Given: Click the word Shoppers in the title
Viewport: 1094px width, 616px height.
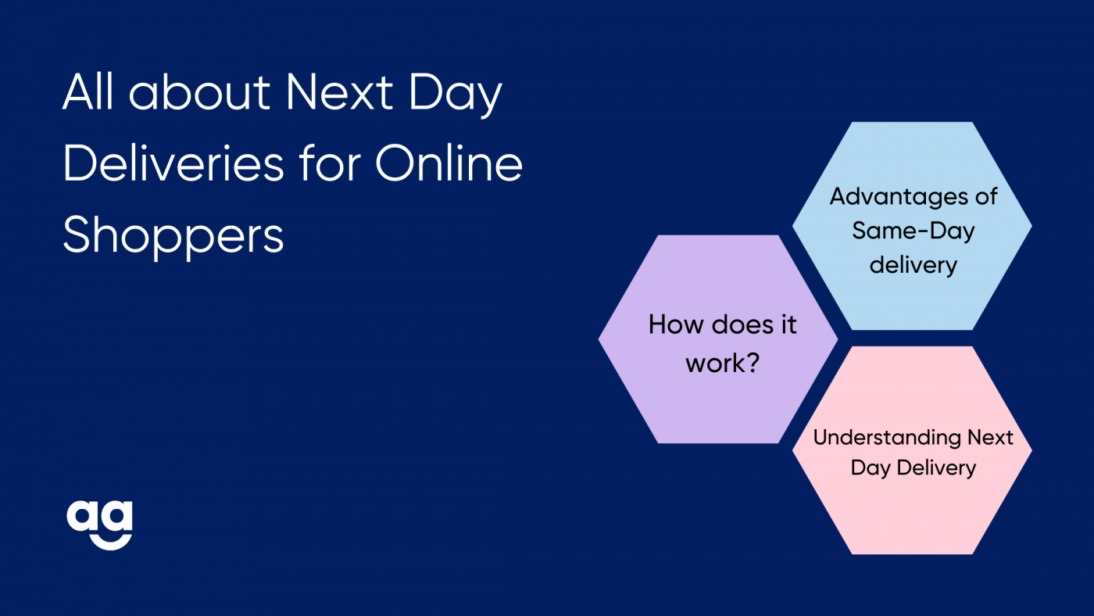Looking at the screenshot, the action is pos(173,236).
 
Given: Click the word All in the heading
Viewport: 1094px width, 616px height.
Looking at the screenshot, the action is pos(88,91).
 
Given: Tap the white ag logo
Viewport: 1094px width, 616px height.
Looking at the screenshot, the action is pos(100,525).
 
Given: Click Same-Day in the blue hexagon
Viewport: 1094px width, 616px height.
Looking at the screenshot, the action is pos(913,231).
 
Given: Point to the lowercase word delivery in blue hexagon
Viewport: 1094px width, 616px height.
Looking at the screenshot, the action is pos(913,265).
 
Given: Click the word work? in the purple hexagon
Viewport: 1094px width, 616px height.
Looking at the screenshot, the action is pos(722,363).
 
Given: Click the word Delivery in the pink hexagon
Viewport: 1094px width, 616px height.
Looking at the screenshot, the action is pos(936,467).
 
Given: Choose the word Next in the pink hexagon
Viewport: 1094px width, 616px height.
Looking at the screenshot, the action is pos(990,438).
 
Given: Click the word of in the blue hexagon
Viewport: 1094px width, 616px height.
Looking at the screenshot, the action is pos(986,196).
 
